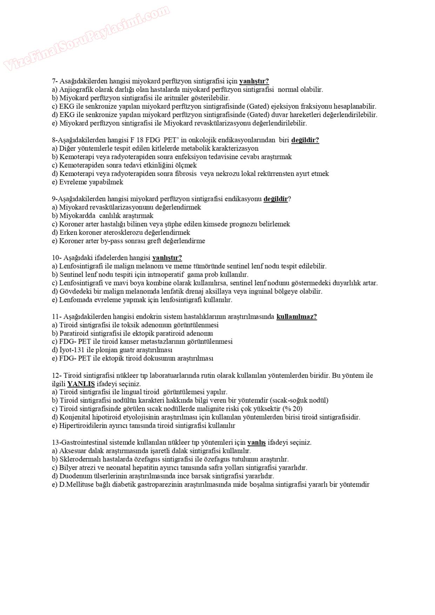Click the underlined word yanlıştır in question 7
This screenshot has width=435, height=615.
point(254,81)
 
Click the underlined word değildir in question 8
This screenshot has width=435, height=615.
point(305,140)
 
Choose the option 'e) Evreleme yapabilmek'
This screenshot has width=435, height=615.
point(88,182)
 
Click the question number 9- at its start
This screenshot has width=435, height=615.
point(55,199)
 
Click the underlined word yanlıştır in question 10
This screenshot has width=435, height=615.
point(167,258)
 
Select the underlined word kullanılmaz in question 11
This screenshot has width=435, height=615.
point(296,317)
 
